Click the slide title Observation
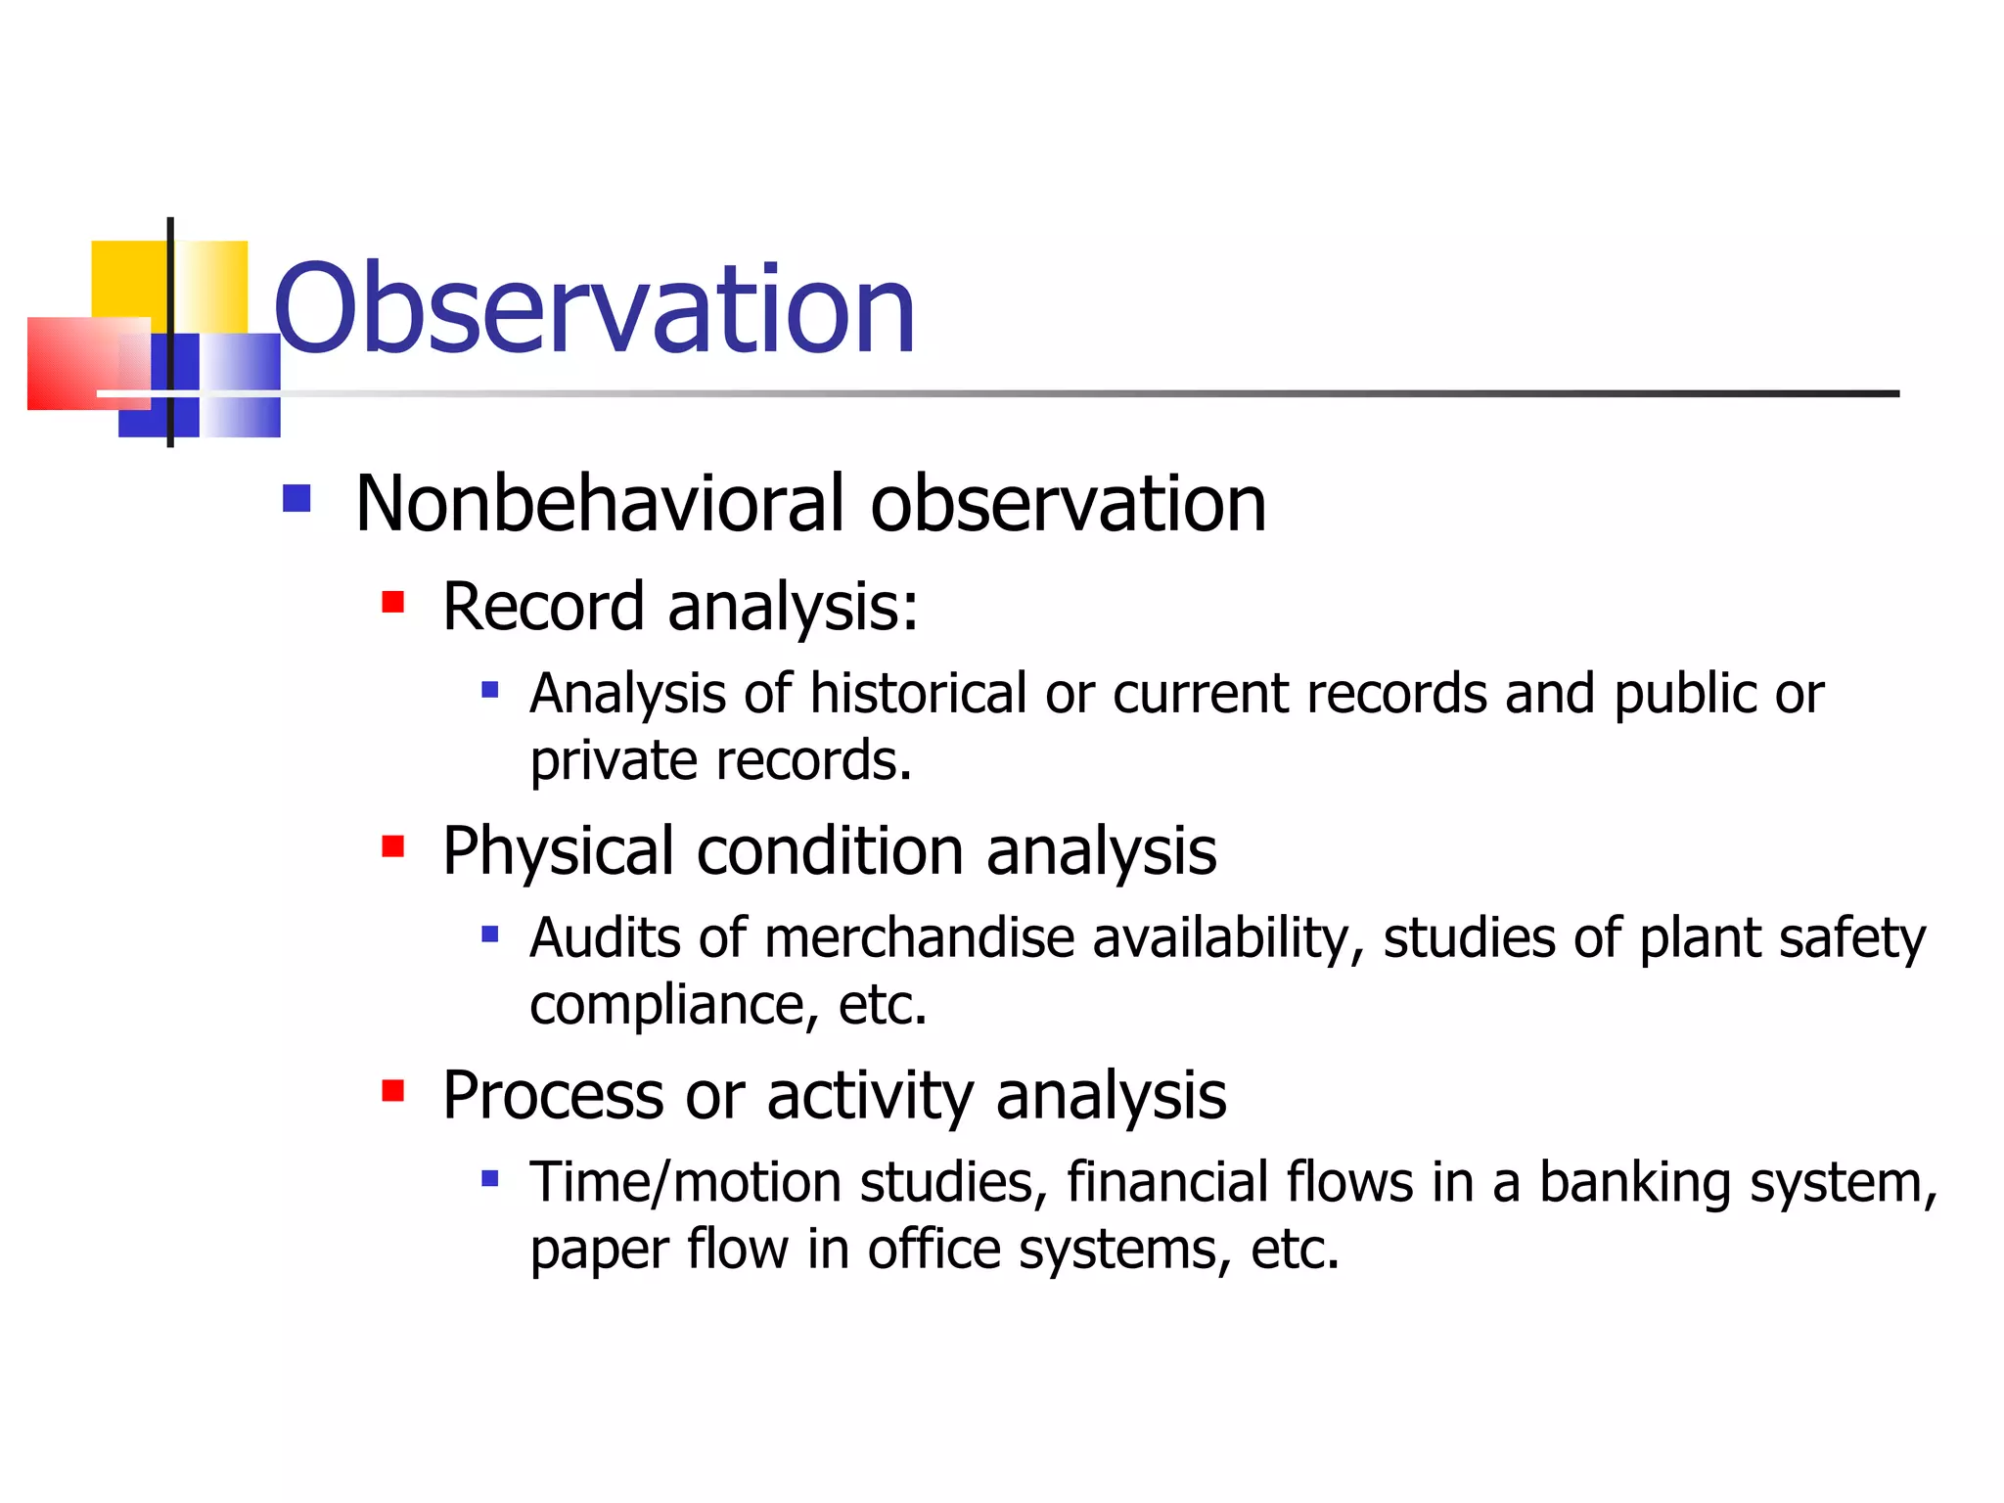click(x=594, y=309)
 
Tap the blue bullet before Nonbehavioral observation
click(x=296, y=499)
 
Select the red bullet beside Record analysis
click(x=393, y=601)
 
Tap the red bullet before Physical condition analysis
click(x=393, y=845)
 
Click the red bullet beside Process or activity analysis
click(x=393, y=1090)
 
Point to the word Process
click(x=553, y=1096)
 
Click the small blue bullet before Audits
click(x=490, y=934)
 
